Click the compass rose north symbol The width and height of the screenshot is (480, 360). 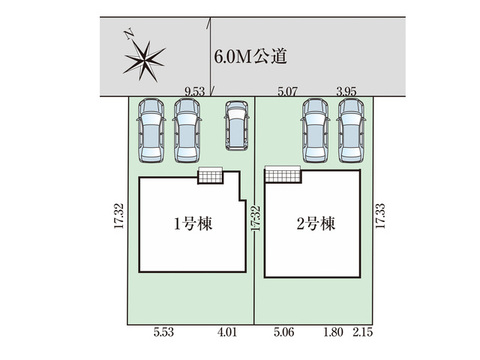tap(144, 60)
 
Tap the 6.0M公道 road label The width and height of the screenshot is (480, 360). tap(250, 56)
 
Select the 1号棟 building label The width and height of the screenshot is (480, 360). tap(193, 224)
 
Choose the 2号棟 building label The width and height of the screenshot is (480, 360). tap(316, 224)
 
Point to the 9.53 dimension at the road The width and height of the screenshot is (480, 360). tap(195, 92)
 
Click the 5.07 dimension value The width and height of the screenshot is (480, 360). tap(287, 92)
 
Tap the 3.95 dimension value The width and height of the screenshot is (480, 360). tap(346, 92)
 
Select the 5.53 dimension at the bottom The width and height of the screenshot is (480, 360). tap(164, 332)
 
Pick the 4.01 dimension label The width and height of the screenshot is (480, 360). tap(227, 332)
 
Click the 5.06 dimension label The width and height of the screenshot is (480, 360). tap(284, 332)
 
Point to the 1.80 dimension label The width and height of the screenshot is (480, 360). tap(333, 332)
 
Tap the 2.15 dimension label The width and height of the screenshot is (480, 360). tap(363, 332)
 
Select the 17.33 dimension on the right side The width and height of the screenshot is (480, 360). tap(380, 216)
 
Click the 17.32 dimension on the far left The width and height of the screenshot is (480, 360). tap(119, 216)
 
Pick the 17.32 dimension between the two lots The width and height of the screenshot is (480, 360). tap(256, 218)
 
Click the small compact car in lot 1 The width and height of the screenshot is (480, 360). tap(236, 126)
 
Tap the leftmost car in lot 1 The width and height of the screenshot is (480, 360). tap(151, 131)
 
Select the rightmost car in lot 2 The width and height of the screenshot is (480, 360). tap(351, 131)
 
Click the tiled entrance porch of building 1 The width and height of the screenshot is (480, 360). tap(210, 175)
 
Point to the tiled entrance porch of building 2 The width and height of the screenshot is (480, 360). tap(283, 175)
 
